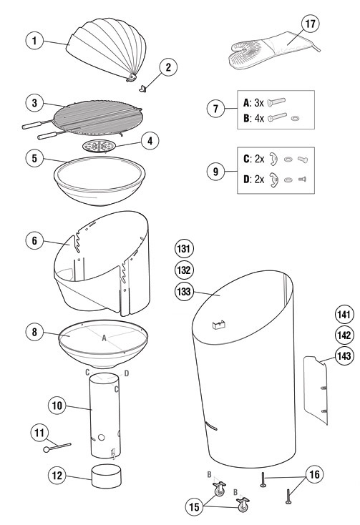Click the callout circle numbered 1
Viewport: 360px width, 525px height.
pyautogui.click(x=33, y=40)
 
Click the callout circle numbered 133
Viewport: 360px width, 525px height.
pyautogui.click(x=184, y=292)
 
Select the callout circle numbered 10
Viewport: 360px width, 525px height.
pyautogui.click(x=58, y=406)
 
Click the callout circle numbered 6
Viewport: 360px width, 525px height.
pyautogui.click(x=33, y=241)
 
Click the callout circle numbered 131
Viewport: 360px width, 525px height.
pyautogui.click(x=184, y=249)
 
